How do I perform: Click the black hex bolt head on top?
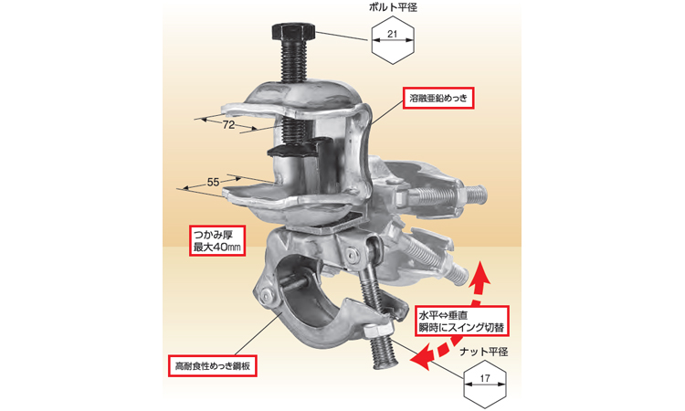click(x=292, y=31)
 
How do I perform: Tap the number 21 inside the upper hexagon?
click(x=393, y=34)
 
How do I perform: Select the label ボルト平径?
click(x=393, y=7)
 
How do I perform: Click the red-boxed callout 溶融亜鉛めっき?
click(x=438, y=99)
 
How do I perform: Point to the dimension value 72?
click(x=228, y=125)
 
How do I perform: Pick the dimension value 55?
click(x=213, y=182)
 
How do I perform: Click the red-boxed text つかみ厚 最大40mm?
click(x=217, y=240)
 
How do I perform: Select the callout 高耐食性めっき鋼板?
click(x=212, y=366)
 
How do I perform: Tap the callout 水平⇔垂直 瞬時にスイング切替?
click(x=462, y=321)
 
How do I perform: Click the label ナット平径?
click(x=484, y=352)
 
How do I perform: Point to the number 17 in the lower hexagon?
click(x=484, y=378)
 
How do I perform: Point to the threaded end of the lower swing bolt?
click(x=385, y=355)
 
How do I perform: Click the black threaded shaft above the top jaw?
click(x=293, y=61)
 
